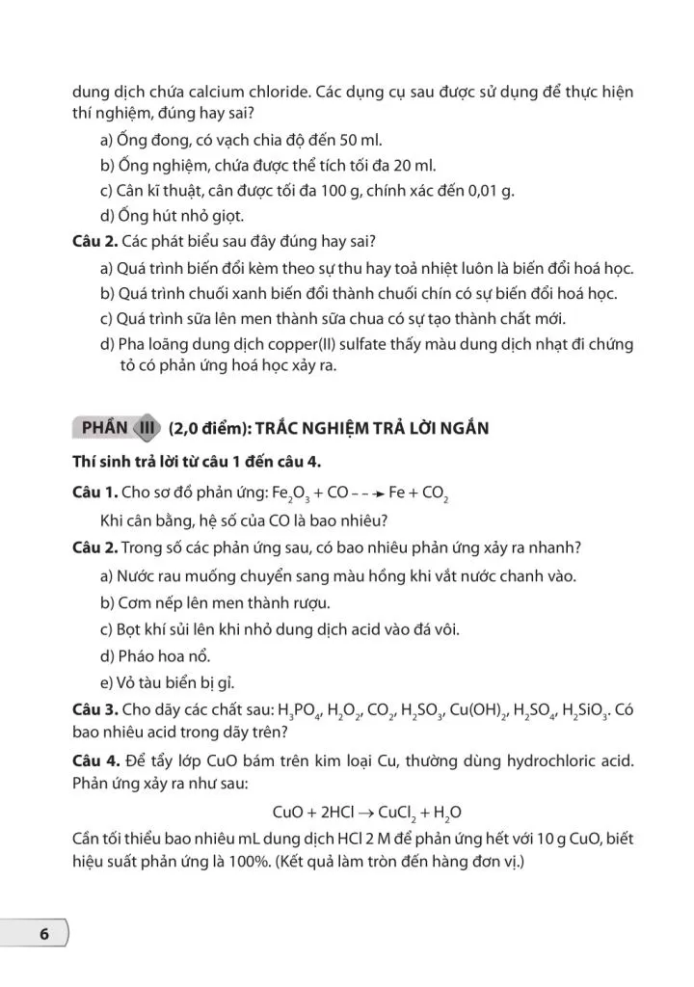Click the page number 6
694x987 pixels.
pyautogui.click(x=42, y=934)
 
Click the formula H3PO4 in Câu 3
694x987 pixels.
pyautogui.click(x=299, y=709)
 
